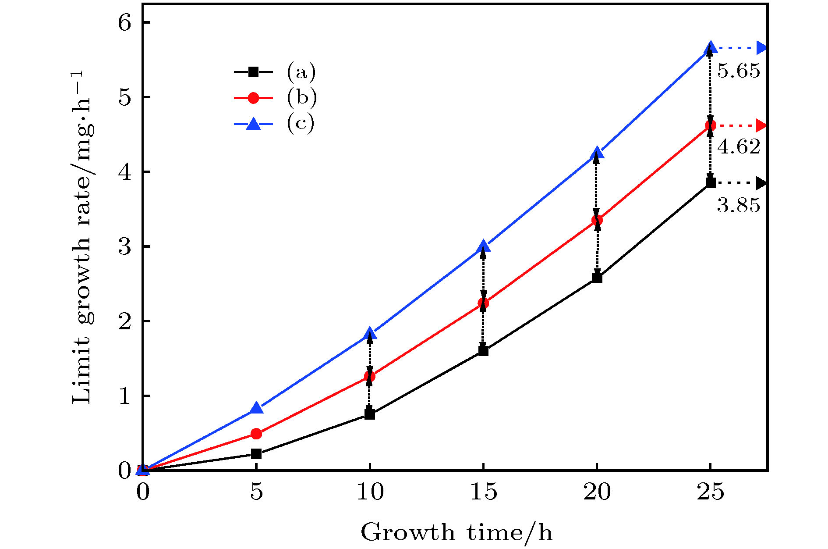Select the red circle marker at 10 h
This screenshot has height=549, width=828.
370,376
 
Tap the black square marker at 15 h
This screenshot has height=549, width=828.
483,350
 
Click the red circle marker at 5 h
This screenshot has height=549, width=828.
256,434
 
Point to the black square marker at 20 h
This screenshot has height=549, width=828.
597,278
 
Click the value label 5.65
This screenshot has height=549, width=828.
739,71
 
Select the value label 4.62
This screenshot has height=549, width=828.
739,147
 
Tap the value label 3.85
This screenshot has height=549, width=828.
739,205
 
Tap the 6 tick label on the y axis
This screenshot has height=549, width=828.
125,23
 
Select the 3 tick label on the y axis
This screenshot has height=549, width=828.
125,247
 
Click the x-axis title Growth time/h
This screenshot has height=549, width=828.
456,533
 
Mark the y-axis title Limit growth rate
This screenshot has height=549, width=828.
83,237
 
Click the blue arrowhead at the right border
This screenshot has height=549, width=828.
762,48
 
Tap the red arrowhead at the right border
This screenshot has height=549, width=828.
762,126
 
